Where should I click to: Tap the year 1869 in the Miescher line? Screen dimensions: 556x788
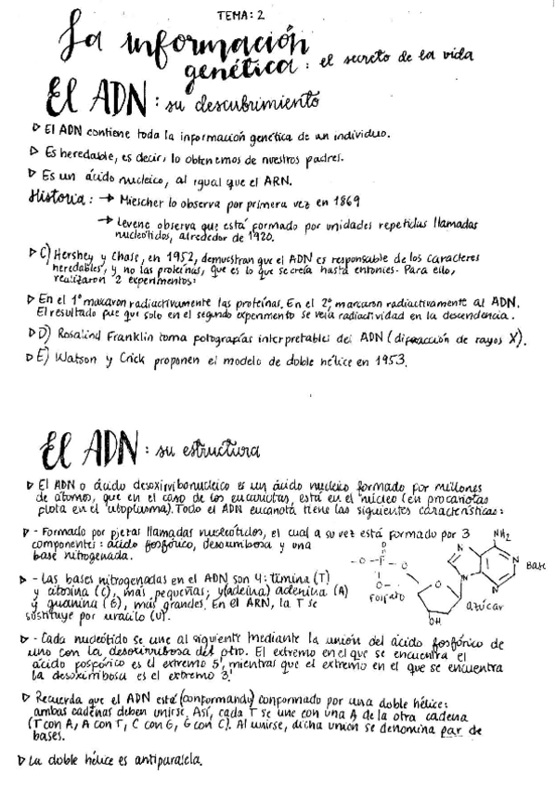(343, 201)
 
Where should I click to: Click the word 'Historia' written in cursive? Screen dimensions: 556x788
(58, 199)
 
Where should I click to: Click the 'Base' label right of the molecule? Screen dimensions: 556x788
(536, 564)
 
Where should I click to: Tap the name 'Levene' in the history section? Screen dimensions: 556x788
(137, 224)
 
